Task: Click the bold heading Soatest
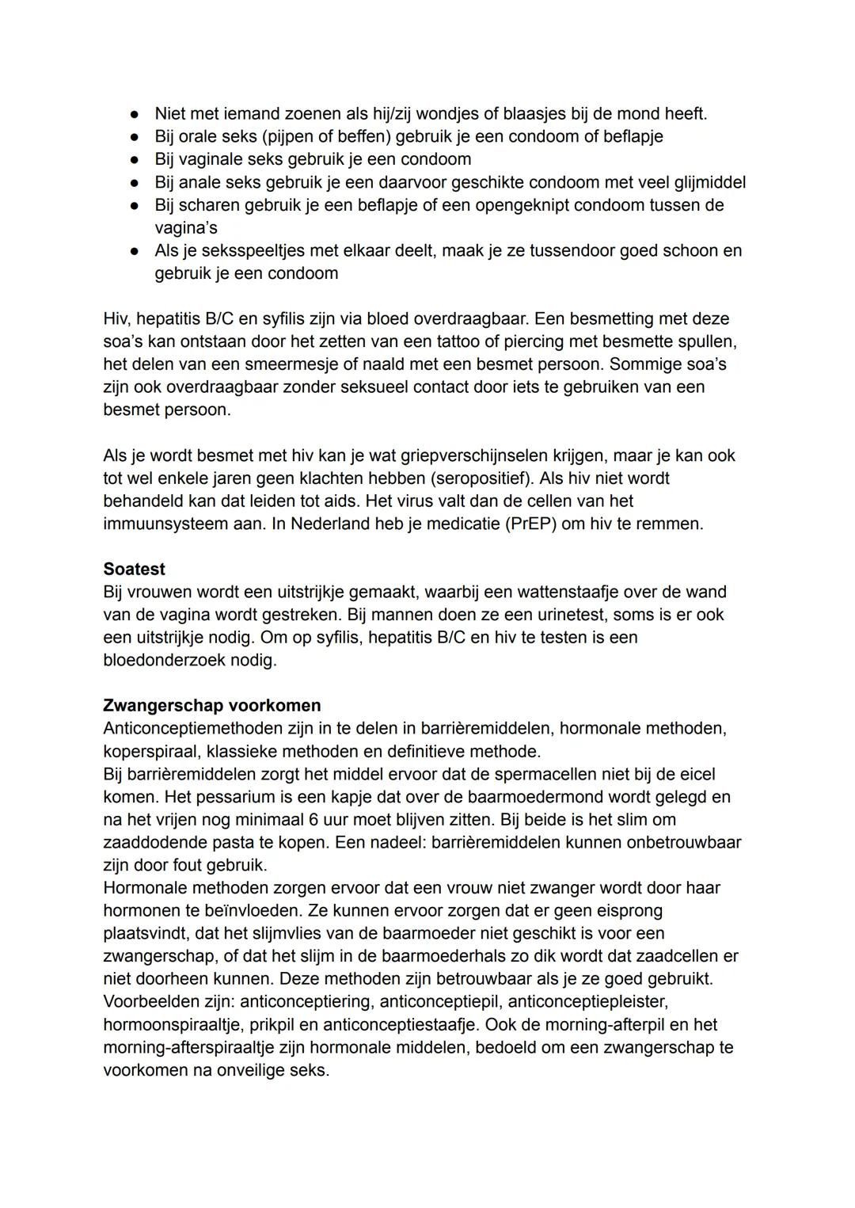coord(134,569)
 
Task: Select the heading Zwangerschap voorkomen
coord(211,705)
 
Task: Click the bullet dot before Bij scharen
coord(135,205)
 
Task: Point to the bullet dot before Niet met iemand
coord(135,114)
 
